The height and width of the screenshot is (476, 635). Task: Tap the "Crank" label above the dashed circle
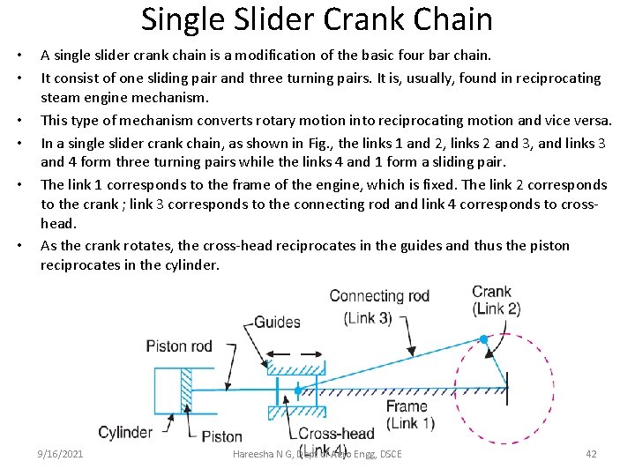(491, 292)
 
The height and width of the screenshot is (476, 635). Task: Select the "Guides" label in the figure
(277, 322)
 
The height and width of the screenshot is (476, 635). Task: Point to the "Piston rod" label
(179, 346)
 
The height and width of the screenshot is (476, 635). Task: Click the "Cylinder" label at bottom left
(125, 433)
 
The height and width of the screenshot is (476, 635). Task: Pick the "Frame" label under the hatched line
(407, 407)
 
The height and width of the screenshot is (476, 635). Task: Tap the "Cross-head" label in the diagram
(336, 434)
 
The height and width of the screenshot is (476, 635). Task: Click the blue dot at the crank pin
(483, 338)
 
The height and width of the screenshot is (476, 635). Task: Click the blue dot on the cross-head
(298, 389)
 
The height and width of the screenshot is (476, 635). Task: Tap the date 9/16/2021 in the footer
(60, 454)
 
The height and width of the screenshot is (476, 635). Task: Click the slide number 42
(591, 454)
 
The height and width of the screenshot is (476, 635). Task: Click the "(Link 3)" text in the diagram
(368, 317)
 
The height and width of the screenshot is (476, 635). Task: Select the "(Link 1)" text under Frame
(410, 423)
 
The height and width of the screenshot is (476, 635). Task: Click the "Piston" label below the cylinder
(222, 435)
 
